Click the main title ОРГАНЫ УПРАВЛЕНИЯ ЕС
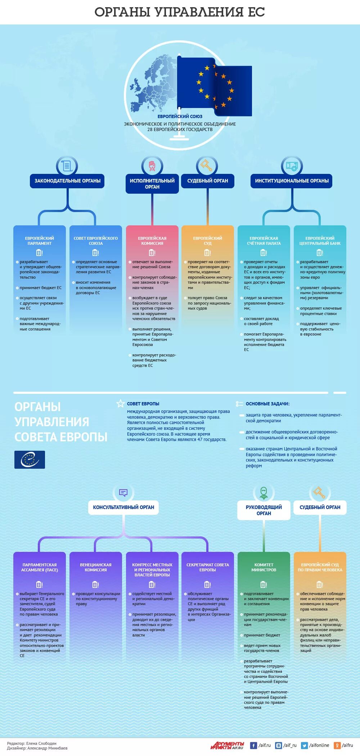click(x=180, y=12)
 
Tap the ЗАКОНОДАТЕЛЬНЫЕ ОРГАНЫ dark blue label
click(x=67, y=181)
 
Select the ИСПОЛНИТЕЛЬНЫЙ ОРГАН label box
click(x=152, y=184)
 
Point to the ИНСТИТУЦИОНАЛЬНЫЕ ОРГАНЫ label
click(x=292, y=181)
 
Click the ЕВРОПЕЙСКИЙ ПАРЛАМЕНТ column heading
click(x=40, y=241)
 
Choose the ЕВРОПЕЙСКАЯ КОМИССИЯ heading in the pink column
click(x=152, y=241)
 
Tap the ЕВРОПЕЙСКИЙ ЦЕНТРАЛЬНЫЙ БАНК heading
click(x=320, y=241)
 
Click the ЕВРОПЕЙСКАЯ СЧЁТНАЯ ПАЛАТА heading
click(x=264, y=241)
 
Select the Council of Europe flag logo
click(x=30, y=460)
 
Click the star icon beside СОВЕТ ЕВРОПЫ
click(x=121, y=404)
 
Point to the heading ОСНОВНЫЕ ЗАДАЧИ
click(x=267, y=404)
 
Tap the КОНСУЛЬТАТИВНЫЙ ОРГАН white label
click(x=123, y=507)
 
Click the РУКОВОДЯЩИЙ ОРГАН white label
click(x=264, y=510)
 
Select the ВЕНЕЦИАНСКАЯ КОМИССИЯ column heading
click(x=96, y=567)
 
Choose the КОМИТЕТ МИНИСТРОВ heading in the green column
click(x=264, y=567)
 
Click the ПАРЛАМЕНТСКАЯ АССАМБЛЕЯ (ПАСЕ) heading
click(x=40, y=567)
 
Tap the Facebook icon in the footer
click(x=253, y=745)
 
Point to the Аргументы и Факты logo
click(x=227, y=745)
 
